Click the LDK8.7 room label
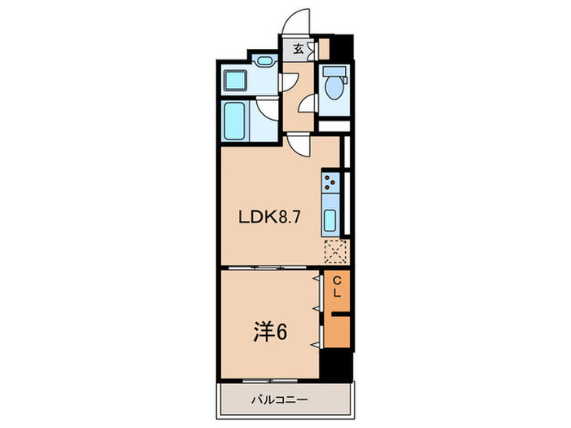tap(262, 218)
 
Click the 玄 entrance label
tap(299, 49)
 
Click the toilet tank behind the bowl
tap(333, 70)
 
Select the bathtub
tap(235, 121)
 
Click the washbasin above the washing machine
tap(263, 61)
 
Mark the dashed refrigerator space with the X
tap(336, 253)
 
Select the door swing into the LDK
tap(300, 147)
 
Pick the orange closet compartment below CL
tap(335, 329)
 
